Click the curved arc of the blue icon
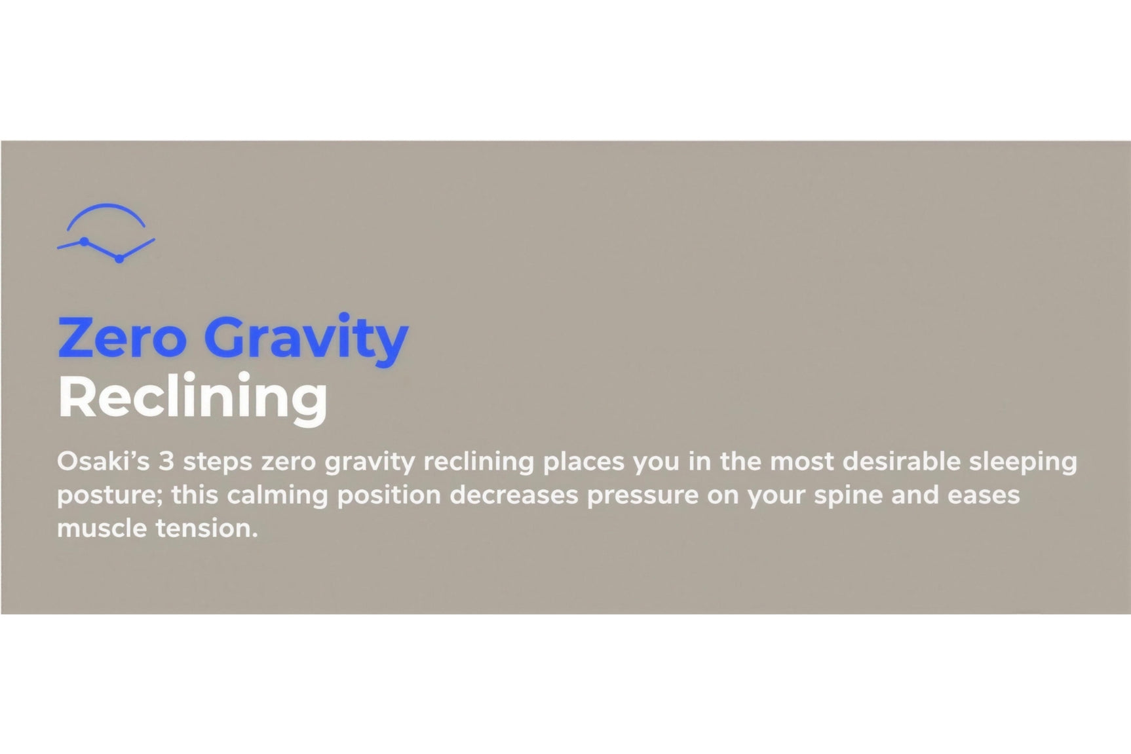click(106, 214)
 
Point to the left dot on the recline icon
click(84, 242)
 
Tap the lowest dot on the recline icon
click(119, 259)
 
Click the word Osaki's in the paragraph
click(104, 461)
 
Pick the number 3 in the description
click(166, 461)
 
